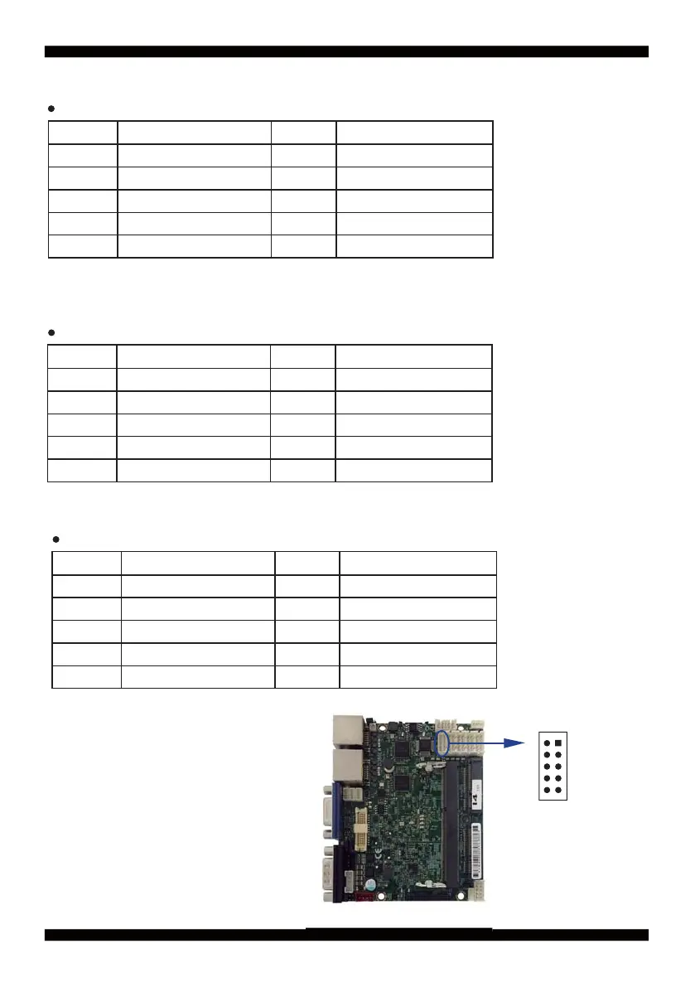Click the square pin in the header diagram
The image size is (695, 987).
tap(559, 743)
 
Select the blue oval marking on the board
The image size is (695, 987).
tap(443, 742)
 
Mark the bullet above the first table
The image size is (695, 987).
tap(51, 109)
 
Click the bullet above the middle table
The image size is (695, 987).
tap(51, 332)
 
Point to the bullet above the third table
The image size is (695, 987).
tap(55, 539)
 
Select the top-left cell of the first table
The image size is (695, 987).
tap(83, 133)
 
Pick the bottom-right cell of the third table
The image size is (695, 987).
tap(417, 677)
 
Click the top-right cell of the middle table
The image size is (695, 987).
tap(413, 356)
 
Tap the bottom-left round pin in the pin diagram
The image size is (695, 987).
tap(548, 790)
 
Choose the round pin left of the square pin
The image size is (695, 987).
tap(548, 743)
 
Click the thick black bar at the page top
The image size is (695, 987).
tap(346, 51)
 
